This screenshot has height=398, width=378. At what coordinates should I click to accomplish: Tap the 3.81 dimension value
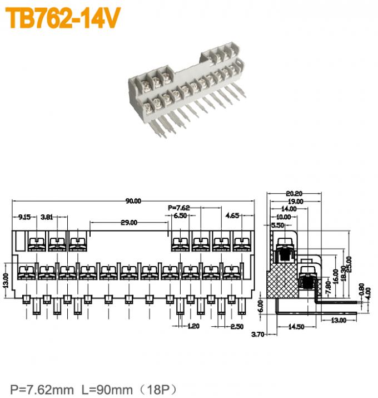coord(47,216)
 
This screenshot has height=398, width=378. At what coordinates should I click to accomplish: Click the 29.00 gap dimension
coord(129,223)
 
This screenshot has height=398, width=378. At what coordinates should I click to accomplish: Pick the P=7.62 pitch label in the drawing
coord(179,208)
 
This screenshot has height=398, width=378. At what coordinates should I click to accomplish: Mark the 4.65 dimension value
coord(232,215)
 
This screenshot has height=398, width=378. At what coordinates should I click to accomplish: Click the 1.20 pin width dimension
coord(193,326)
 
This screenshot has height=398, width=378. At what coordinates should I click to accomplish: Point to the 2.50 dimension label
coord(236,326)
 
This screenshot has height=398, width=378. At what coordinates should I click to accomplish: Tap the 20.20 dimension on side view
coord(295,194)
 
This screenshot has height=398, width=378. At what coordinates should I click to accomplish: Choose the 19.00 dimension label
coord(295,202)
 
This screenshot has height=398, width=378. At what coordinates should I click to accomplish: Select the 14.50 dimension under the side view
coord(296,327)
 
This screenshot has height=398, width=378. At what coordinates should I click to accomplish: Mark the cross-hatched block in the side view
coord(283,281)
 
